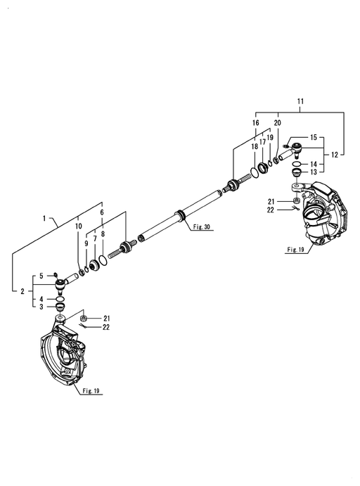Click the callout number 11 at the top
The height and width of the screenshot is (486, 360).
click(x=300, y=101)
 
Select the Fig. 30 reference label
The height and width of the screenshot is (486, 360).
click(x=201, y=227)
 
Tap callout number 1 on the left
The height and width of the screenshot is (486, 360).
click(x=44, y=219)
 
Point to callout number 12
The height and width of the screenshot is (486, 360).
click(x=334, y=154)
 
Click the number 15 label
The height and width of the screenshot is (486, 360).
click(x=314, y=137)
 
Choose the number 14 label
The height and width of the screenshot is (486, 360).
click(x=314, y=164)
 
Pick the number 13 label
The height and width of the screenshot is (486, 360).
click(x=314, y=172)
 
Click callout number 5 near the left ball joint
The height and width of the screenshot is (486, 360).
click(x=41, y=276)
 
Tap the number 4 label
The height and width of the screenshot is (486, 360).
click(x=41, y=299)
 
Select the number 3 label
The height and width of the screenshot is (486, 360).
click(x=41, y=307)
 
